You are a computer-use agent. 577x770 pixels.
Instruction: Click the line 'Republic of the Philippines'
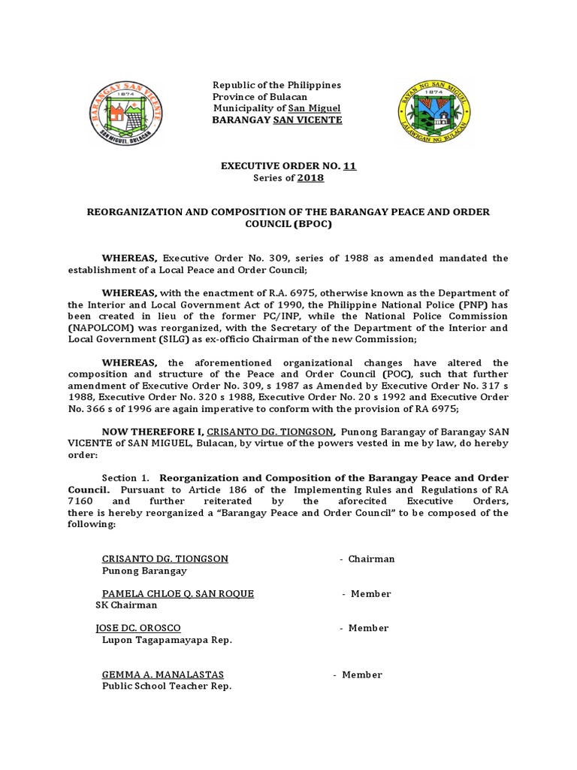click(277, 85)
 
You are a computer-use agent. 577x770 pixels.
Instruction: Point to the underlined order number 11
click(349, 166)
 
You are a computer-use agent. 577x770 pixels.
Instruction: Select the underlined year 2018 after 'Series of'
click(310, 177)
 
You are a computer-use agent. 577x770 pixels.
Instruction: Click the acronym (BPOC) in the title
click(311, 224)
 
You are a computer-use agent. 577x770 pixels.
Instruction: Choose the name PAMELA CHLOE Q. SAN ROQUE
click(178, 593)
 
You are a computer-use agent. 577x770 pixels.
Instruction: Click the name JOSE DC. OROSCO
click(138, 628)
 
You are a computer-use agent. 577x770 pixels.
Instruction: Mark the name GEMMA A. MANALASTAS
click(163, 675)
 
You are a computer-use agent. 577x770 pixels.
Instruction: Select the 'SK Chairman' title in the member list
click(127, 605)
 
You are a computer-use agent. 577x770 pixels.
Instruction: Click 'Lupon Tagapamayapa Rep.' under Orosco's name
click(167, 639)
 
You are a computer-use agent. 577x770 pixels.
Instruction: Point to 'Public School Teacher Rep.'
click(167, 686)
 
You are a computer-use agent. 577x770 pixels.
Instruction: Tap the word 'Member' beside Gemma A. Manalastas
click(362, 675)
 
